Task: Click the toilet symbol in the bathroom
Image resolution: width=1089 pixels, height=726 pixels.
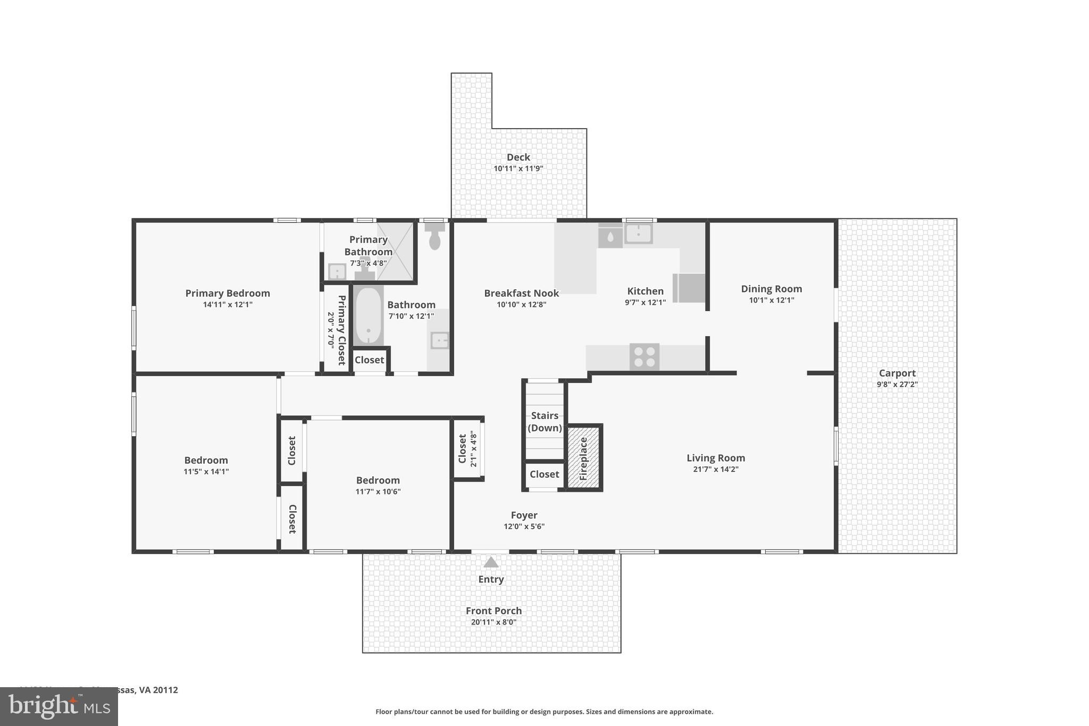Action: pos(435,237)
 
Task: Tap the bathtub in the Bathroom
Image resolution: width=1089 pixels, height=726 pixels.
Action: pos(368,316)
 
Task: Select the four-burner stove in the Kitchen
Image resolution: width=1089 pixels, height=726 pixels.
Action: pos(644,357)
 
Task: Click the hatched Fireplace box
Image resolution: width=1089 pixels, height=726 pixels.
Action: pos(583,457)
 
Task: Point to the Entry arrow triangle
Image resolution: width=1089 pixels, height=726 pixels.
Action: pos(491,562)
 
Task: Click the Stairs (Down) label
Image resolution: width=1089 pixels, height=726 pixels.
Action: pos(544,421)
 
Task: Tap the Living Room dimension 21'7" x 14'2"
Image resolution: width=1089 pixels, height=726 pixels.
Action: pos(715,469)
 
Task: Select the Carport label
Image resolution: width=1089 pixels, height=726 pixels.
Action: pos(897,373)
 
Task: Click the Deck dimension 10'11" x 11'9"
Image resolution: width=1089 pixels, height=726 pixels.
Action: pos(518,169)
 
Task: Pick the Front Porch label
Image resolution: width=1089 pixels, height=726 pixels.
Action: pos(493,611)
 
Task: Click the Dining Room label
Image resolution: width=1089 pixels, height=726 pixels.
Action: pos(771,289)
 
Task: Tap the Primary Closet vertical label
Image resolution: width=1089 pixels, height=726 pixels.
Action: pos(341,330)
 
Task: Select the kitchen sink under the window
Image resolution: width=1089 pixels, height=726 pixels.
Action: pos(638,233)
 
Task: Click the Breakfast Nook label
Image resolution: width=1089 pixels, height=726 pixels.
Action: pos(521,293)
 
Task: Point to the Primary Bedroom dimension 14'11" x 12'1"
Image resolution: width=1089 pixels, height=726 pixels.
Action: pos(228,305)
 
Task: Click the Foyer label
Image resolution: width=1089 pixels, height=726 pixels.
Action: pos(524,515)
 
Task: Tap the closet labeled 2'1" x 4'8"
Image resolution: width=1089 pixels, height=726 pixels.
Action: pos(467,449)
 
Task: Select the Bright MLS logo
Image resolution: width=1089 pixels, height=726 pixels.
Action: pos(58,706)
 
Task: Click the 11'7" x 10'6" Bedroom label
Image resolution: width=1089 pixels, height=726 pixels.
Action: pos(378,480)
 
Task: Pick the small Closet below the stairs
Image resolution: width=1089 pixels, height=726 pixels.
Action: pos(544,474)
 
